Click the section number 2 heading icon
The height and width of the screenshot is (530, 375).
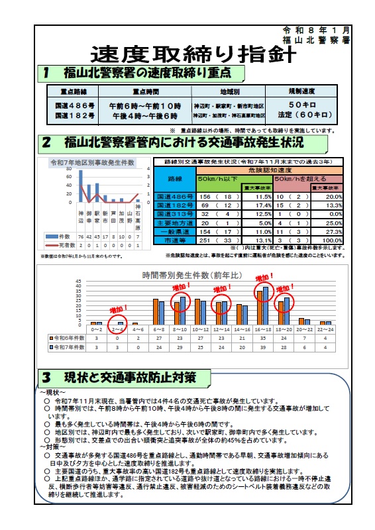coord(47,142)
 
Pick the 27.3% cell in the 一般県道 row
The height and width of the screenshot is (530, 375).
coord(334,231)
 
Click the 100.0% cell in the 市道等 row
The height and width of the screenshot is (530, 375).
coord(334,240)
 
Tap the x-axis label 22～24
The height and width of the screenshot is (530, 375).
coord(324,328)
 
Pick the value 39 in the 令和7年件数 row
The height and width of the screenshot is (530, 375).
coord(264,346)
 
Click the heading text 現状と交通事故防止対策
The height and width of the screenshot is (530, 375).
coord(130,378)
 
